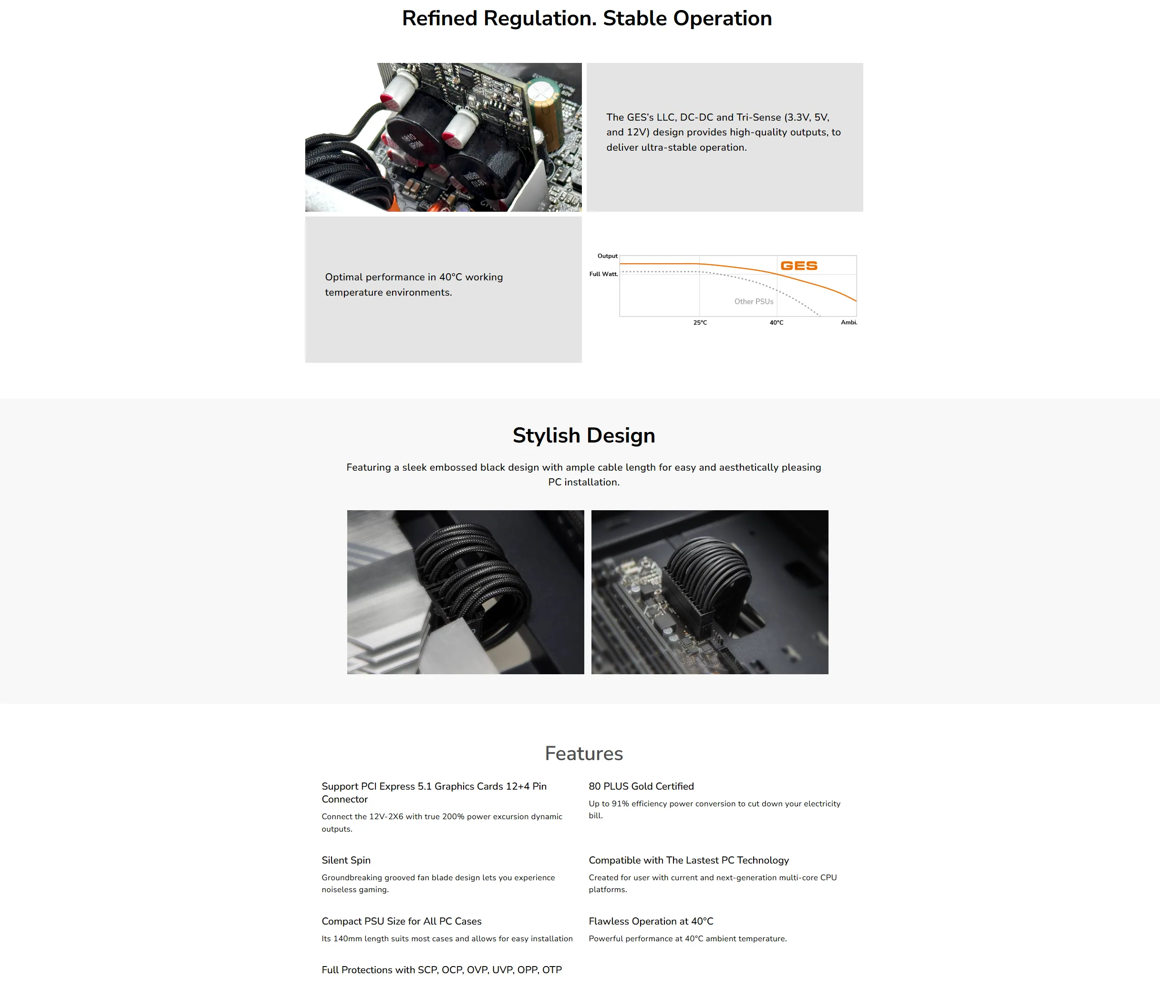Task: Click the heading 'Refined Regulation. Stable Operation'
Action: tap(587, 19)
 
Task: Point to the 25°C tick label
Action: tap(700, 323)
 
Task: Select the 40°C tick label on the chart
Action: tap(777, 323)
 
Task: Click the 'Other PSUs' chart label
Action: tap(754, 302)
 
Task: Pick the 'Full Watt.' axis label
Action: tap(603, 274)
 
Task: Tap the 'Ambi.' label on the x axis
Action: tap(849, 322)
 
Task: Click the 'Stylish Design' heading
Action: tap(584, 435)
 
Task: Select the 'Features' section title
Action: tap(584, 753)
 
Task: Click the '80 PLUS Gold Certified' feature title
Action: tap(641, 786)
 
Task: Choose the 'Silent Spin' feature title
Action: tap(346, 860)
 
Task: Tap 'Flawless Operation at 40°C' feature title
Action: tap(651, 921)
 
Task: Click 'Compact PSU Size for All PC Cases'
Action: tap(402, 921)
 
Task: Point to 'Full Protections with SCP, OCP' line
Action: tap(442, 970)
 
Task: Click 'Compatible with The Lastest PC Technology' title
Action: tap(689, 860)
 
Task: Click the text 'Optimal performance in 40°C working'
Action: tap(414, 278)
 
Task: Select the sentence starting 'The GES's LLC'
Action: tap(723, 133)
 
